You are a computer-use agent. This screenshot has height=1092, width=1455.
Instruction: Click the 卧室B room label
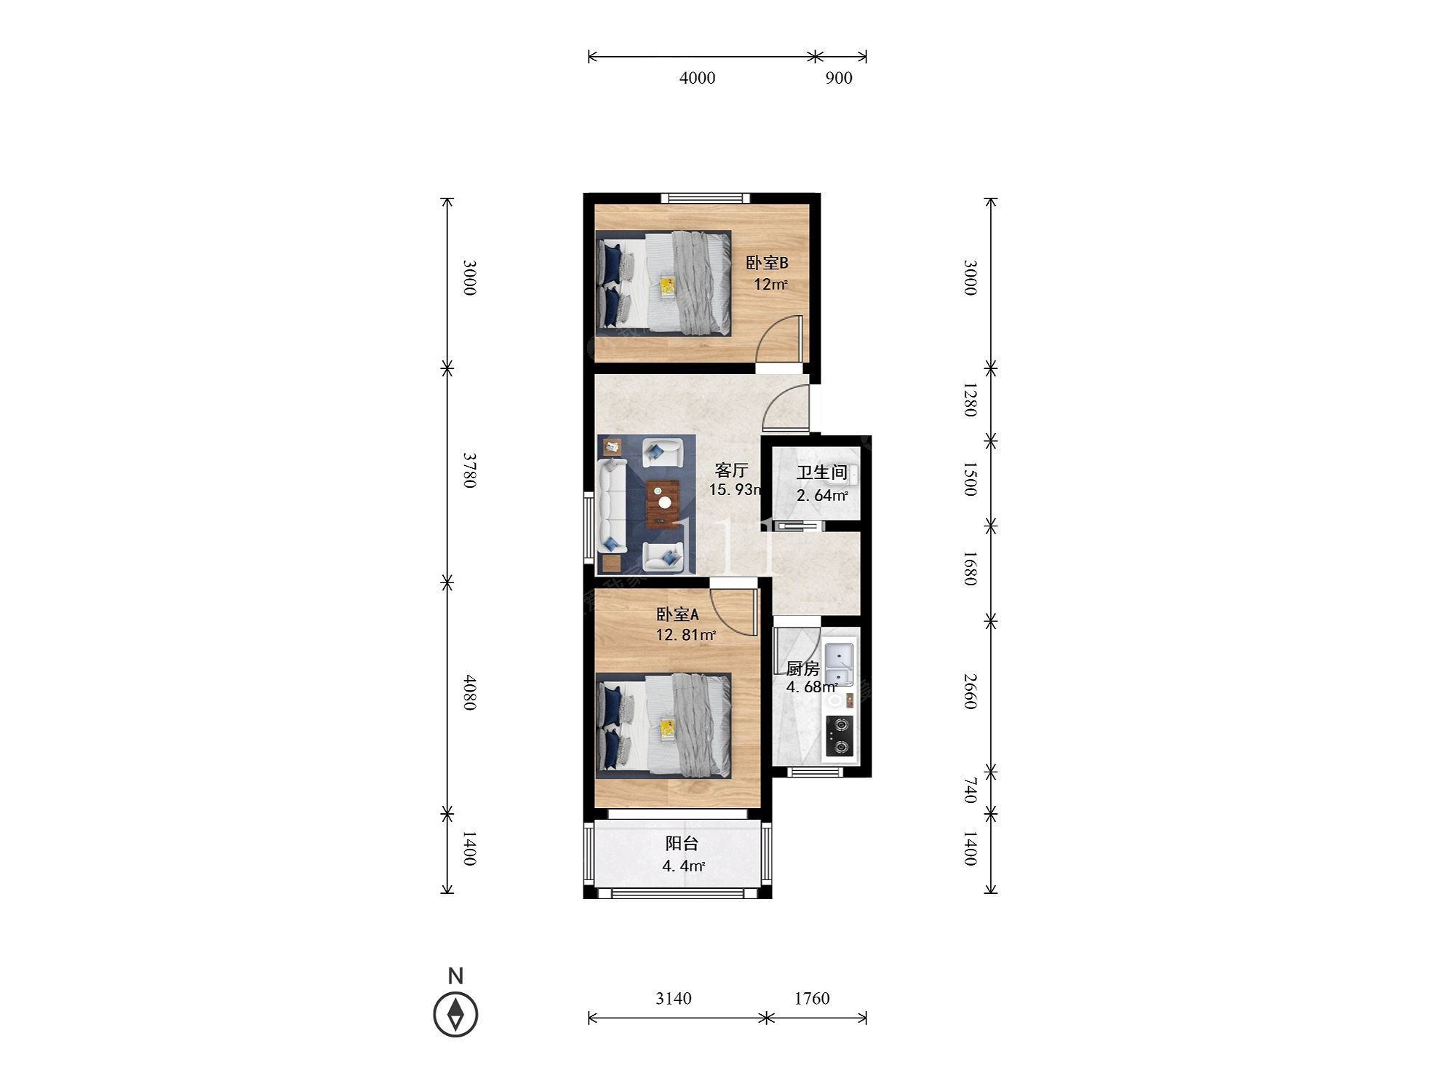click(767, 263)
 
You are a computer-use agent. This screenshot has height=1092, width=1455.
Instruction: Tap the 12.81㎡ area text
click(686, 635)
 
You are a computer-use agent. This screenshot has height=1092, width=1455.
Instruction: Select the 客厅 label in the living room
click(730, 470)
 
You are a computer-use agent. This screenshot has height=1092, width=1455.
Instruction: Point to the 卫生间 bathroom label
click(822, 472)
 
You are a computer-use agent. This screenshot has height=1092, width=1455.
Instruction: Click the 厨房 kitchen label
click(802, 668)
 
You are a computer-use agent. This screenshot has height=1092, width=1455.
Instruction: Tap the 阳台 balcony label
click(682, 844)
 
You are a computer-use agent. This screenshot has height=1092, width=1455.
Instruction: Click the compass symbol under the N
click(455, 1013)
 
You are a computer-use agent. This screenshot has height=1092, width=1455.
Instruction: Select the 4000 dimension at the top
click(697, 78)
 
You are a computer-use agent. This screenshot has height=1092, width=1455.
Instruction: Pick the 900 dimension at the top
click(838, 78)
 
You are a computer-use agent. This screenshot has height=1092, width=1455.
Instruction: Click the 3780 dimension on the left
click(469, 470)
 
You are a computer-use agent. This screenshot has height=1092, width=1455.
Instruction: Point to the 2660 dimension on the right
click(969, 692)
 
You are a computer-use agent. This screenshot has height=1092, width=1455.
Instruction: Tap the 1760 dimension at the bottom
click(811, 998)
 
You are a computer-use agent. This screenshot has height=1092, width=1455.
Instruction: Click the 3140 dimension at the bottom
click(673, 998)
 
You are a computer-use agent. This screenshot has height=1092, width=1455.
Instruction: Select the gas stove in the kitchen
click(840, 736)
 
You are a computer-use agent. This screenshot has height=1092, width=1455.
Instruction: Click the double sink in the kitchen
click(840, 664)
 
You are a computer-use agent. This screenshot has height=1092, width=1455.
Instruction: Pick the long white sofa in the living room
click(613, 506)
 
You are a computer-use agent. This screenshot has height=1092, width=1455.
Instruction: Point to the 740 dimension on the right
click(969, 790)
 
